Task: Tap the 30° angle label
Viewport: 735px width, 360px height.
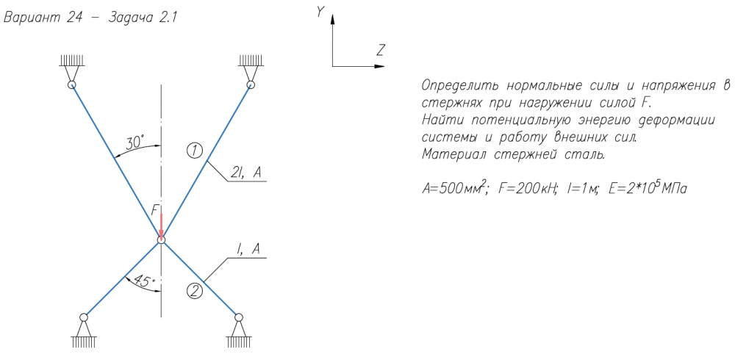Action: coord(135,142)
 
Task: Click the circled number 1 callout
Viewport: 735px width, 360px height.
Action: coord(194,151)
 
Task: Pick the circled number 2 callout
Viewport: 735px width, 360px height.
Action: coord(195,291)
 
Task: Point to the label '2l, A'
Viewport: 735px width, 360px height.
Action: coord(246,173)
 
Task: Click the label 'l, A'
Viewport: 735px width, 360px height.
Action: coord(248,250)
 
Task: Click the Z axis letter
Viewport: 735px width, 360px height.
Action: coord(380,50)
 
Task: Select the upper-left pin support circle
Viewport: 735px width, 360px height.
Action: coord(72,84)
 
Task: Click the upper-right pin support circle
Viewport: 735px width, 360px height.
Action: coord(251,84)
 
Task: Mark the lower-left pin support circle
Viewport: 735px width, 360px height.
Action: coord(84,317)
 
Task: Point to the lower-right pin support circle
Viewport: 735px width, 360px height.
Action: coord(239,317)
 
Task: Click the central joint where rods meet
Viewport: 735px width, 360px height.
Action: coord(161,240)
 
